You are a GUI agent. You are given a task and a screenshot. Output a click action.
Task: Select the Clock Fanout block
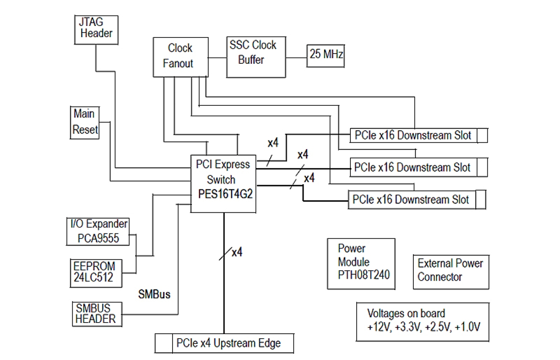tap(180, 56)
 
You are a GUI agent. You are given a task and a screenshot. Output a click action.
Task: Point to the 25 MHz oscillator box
tap(326, 55)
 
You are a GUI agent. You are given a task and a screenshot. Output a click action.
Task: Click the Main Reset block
tap(85, 122)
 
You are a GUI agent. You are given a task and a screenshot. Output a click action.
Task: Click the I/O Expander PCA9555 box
tap(99, 231)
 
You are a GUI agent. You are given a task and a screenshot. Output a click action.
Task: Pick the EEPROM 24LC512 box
tap(95, 272)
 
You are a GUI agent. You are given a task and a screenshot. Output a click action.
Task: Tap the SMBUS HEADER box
tap(96, 314)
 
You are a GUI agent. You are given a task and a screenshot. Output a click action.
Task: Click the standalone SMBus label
tap(154, 295)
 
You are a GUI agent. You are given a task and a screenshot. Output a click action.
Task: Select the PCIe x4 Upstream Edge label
tap(229, 343)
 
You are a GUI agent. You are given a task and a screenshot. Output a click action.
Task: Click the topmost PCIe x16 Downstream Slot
tap(413, 136)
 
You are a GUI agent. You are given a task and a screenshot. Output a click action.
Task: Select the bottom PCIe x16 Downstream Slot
tap(411, 199)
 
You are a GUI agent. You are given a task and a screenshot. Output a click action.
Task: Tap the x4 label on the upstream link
tap(237, 252)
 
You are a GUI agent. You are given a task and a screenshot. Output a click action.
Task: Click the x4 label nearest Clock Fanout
tap(273, 144)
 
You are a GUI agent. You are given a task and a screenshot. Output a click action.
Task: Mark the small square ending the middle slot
tap(481, 168)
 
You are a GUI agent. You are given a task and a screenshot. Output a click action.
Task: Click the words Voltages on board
tap(406, 314)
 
